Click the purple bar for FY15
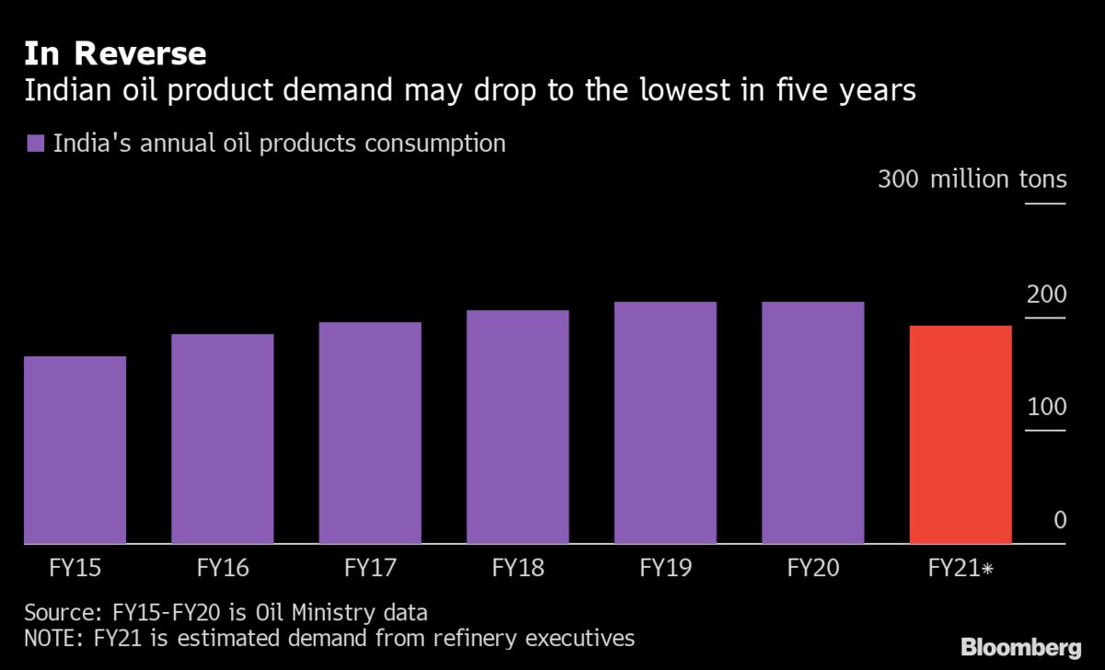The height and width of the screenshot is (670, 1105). click(x=75, y=450)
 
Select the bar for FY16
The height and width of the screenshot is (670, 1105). click(x=222, y=439)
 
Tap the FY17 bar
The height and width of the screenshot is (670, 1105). click(x=370, y=433)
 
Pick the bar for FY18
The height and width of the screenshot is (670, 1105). click(x=518, y=427)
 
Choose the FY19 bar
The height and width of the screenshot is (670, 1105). click(x=665, y=422)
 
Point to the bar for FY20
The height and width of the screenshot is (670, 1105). click(x=813, y=422)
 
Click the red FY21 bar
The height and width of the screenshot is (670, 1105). click(x=960, y=434)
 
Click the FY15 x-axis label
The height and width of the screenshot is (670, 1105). click(x=75, y=568)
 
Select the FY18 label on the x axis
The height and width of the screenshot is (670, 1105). click(x=518, y=568)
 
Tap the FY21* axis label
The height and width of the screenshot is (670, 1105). click(x=960, y=568)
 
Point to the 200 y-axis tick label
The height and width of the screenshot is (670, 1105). click(x=1047, y=295)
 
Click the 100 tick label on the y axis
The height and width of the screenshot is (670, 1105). click(x=1047, y=408)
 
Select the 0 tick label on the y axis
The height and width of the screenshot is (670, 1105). click(x=1059, y=521)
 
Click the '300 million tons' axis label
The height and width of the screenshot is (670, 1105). click(x=972, y=179)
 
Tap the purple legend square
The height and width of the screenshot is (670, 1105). click(x=36, y=144)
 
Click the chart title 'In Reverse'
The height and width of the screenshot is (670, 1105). click(x=115, y=53)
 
